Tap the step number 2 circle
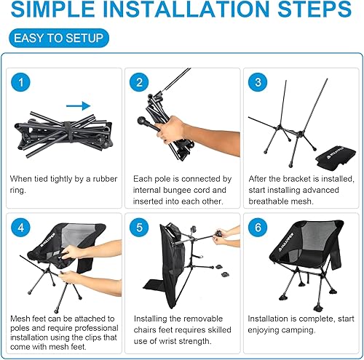(141, 84)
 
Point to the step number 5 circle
(141, 226)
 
